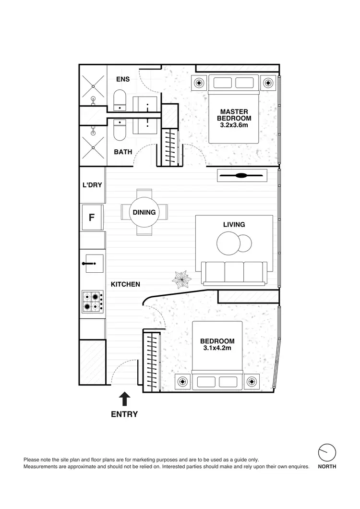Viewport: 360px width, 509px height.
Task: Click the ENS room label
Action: (x=123, y=79)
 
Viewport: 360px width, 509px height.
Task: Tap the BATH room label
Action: (x=123, y=152)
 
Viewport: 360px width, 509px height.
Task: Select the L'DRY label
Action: (x=93, y=184)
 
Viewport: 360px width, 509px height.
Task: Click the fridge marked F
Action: (x=92, y=218)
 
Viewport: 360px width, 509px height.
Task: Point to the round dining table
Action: (x=144, y=212)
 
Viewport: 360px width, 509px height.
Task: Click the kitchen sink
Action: (x=92, y=264)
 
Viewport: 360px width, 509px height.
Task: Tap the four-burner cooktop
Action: (x=92, y=302)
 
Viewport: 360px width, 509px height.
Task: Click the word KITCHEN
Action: (x=125, y=284)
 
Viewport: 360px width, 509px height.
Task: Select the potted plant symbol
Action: (x=182, y=279)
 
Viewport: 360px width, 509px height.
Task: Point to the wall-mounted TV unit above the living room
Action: (x=241, y=176)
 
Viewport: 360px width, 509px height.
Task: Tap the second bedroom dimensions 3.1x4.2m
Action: (x=217, y=348)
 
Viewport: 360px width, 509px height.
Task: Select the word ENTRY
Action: (x=124, y=414)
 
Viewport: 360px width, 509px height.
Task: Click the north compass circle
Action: (x=327, y=452)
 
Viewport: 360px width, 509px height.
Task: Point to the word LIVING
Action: (x=234, y=224)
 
